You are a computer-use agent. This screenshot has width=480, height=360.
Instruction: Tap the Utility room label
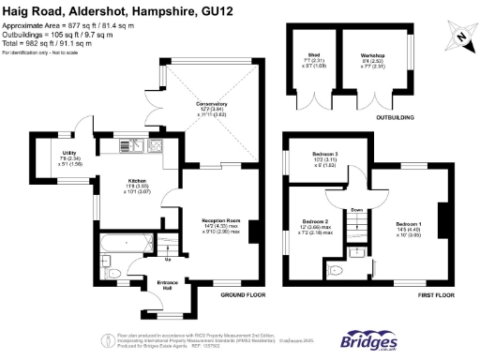(x=69, y=152)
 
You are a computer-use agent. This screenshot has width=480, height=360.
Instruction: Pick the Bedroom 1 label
(x=410, y=224)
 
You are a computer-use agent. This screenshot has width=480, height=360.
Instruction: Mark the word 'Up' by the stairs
(x=168, y=259)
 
